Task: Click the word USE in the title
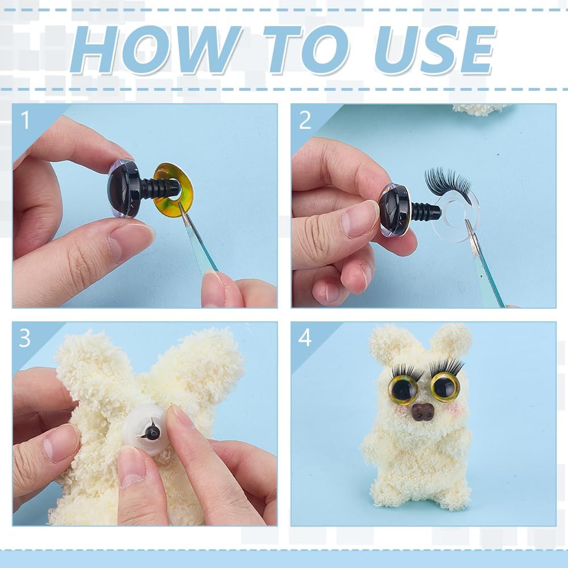(x=435, y=50)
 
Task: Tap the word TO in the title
(x=306, y=50)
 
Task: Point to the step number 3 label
(x=24, y=338)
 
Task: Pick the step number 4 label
(x=305, y=338)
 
